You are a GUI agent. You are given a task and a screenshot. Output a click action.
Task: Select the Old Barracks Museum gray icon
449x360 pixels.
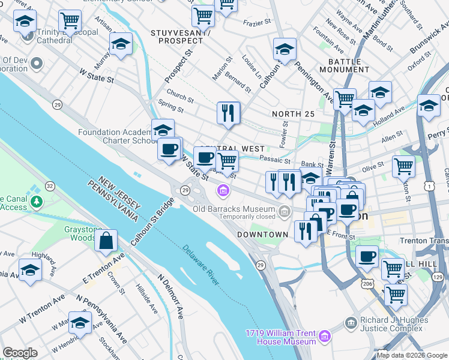[283, 211]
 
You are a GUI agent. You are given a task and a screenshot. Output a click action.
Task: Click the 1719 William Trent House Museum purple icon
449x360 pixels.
[324, 335]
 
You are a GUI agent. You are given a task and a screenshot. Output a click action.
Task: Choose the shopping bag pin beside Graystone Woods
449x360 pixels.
[106, 241]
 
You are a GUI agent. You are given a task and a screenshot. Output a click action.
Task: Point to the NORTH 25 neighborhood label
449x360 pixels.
[293, 114]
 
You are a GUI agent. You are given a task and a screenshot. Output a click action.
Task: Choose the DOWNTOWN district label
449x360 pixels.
[262, 234]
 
